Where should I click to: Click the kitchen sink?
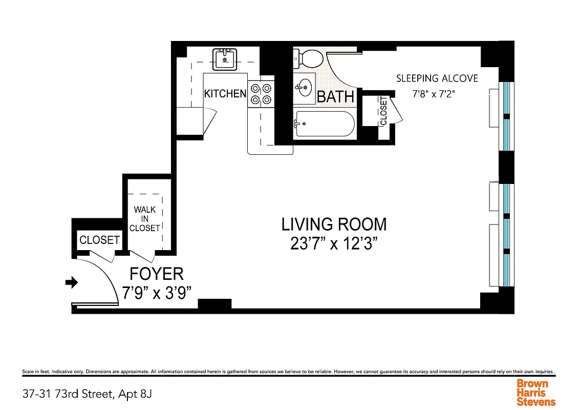tap(224, 59)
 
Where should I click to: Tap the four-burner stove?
tap(261, 94)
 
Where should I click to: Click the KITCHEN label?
tap(225, 94)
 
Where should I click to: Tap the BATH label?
tap(336, 96)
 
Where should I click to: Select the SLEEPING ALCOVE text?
tap(437, 78)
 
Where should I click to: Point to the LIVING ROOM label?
tap(334, 224)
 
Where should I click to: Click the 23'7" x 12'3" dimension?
tap(334, 244)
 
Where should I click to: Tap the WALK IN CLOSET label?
tap(145, 219)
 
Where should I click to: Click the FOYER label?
tap(156, 273)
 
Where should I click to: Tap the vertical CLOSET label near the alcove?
tap(383, 111)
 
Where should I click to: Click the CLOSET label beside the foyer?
tap(99, 240)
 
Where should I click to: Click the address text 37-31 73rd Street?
tap(87, 394)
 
